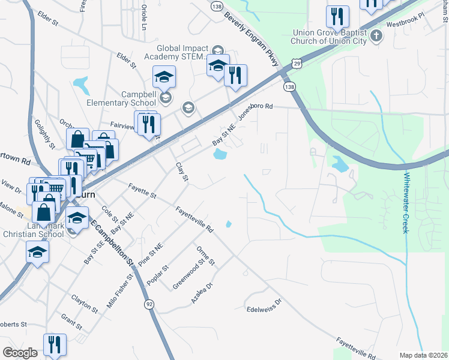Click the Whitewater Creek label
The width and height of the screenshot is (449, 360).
click(x=406, y=203)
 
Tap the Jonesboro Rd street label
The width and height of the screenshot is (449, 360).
click(x=255, y=112)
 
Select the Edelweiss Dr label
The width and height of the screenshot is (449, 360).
click(x=264, y=306)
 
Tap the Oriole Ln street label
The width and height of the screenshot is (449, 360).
click(x=144, y=17)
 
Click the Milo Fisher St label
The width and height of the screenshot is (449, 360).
click(x=119, y=291)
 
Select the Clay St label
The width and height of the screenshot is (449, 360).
click(x=181, y=172)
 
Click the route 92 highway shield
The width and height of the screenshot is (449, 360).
click(x=148, y=305)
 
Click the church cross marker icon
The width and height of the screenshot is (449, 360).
click(x=376, y=35)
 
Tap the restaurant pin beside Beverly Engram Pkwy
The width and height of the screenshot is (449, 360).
click(x=235, y=75)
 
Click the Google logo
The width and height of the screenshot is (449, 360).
click(x=20, y=352)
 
